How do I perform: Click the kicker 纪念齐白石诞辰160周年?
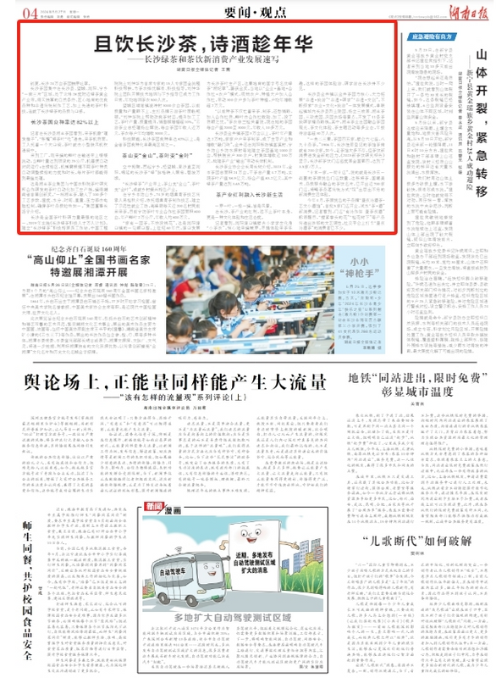[x=88, y=249]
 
